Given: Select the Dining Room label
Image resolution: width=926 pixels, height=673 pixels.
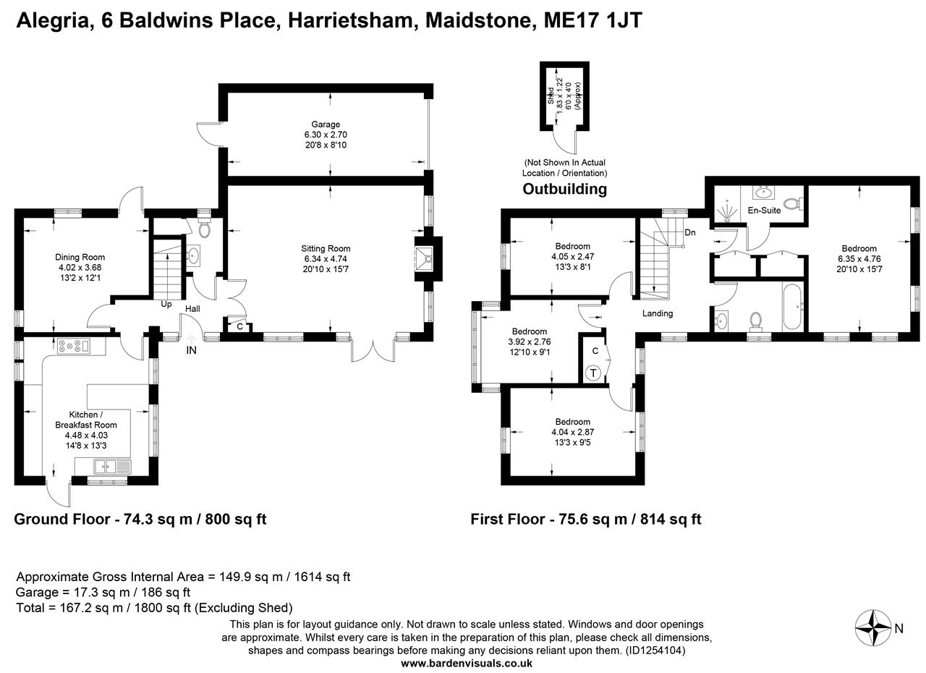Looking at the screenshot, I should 80,257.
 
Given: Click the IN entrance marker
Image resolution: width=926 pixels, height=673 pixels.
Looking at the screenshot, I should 191,350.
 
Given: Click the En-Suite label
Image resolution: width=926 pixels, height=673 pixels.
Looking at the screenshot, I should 764,211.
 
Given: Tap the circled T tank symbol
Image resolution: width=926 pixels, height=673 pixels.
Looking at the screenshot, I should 592,373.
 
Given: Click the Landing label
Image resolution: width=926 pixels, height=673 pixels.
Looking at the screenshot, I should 658,313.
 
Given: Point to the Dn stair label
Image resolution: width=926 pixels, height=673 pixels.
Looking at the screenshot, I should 690,232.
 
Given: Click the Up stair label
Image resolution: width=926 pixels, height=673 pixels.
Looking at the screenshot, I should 166,304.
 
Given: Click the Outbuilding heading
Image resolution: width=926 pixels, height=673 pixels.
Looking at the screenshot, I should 564,190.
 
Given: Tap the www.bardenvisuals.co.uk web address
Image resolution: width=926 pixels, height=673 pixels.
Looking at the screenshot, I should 467,663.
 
